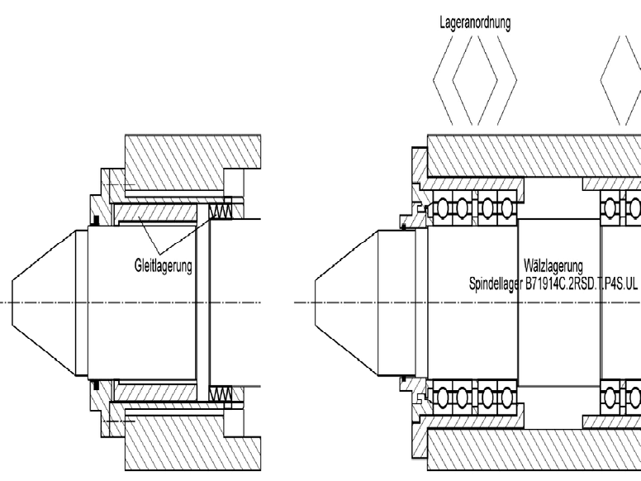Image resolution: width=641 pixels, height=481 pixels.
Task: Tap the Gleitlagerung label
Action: (164, 267)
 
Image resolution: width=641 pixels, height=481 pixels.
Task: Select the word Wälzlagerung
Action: (554, 266)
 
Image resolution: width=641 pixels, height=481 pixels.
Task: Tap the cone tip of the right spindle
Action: (347, 302)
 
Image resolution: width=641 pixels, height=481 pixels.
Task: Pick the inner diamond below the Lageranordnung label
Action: (475, 83)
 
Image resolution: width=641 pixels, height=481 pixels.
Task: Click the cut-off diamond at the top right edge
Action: (628, 83)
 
